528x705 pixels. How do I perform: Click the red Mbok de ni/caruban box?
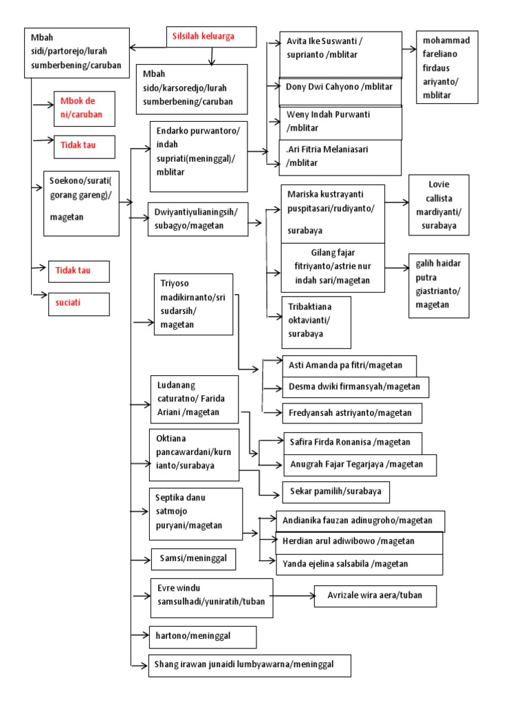84,108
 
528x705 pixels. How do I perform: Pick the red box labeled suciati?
78,303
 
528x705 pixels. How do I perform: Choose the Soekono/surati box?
81,199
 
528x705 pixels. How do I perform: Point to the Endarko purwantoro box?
199,157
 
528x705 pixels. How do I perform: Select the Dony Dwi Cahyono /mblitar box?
340,87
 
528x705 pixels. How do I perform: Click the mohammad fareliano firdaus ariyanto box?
448,67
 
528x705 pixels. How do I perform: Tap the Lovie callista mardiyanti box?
439,205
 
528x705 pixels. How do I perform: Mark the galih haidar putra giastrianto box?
439,284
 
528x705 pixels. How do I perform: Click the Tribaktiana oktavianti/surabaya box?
316,322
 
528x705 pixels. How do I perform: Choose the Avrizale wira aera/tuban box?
375,596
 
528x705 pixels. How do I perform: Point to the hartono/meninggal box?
203,637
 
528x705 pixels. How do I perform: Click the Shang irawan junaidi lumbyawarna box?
250,665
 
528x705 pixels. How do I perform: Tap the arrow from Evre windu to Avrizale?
293,596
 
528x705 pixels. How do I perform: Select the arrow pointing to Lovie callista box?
397,203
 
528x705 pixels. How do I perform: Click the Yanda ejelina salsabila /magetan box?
358,564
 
